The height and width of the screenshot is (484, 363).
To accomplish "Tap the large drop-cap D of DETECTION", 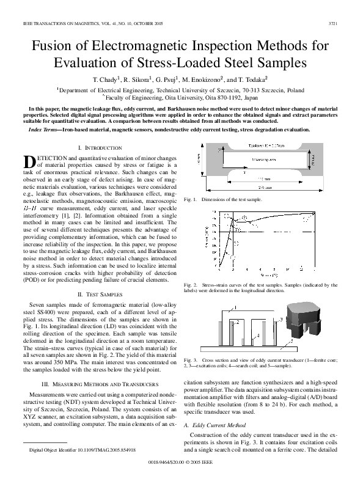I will pyautogui.click(x=30, y=161).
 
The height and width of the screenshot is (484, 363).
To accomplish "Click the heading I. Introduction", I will pyautogui.click(x=100, y=148).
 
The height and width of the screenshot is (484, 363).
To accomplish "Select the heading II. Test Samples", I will pyautogui.click(x=100, y=294).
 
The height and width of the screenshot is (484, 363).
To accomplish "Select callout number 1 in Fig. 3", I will pyautogui.click(x=235, y=307).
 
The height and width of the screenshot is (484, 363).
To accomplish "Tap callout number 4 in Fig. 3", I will pyautogui.click(x=258, y=335).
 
